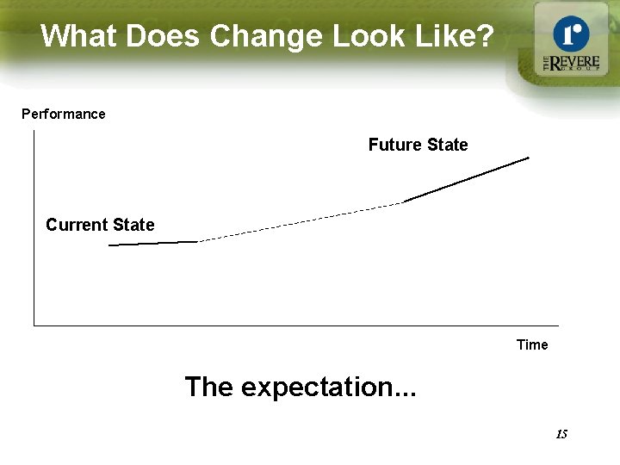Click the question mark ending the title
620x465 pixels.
tap(486, 36)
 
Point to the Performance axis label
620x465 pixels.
tap(64, 114)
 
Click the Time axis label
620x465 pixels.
tap(532, 344)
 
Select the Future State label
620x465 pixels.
tap(418, 145)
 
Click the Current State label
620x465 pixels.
tap(100, 225)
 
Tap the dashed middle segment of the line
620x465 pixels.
tap(301, 220)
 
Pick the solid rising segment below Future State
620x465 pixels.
tap(467, 179)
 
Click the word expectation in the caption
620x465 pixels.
tap(328, 387)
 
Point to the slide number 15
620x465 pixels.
tap(561, 434)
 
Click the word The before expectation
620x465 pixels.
tap(209, 387)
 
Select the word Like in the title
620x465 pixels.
tap(441, 36)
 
